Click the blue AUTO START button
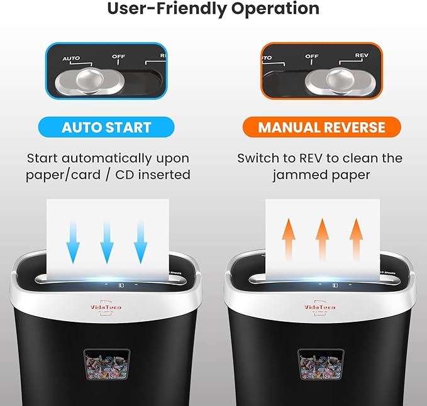[x=106, y=127]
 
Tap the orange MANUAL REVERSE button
[x=321, y=127]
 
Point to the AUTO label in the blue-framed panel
[x=71, y=59]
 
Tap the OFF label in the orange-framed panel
[x=312, y=57]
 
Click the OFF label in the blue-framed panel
[x=119, y=57]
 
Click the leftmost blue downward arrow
[x=74, y=241]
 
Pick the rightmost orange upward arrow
[x=357, y=239]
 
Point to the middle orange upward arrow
[x=323, y=239]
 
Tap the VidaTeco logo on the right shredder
[x=320, y=307]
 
